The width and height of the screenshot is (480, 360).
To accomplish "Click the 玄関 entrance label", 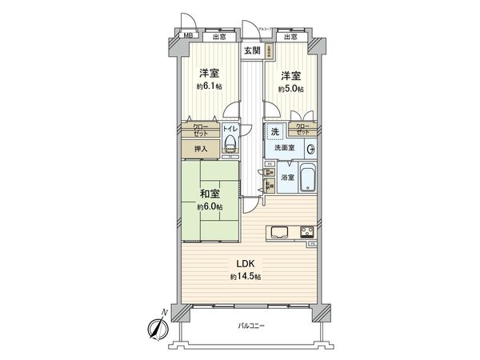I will click(x=252, y=52).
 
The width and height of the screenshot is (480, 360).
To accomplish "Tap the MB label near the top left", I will click(x=190, y=36).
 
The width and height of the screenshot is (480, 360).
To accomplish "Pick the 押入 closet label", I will click(x=200, y=149).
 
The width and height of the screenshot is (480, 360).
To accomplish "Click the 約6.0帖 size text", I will click(x=211, y=207).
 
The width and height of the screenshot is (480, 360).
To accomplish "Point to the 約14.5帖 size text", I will click(x=246, y=277).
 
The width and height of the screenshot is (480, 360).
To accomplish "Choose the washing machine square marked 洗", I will click(x=274, y=132).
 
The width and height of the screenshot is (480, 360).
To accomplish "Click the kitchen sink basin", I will click(x=280, y=232).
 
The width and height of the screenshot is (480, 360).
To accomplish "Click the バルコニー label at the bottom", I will click(x=250, y=326).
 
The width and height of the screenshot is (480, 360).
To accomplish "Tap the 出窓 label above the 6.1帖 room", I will click(x=218, y=37).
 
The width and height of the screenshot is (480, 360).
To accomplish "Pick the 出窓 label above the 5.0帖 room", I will click(x=290, y=37).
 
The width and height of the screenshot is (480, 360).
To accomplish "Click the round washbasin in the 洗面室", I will click(x=310, y=148).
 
